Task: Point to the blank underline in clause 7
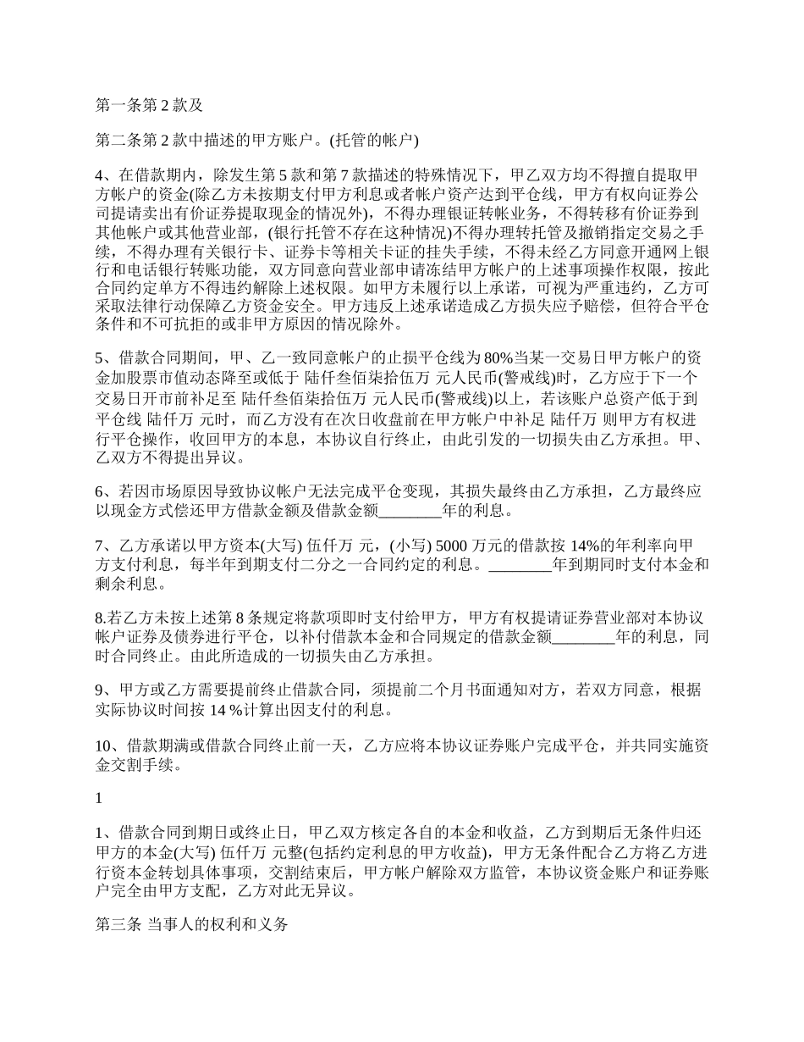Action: click(520, 564)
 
